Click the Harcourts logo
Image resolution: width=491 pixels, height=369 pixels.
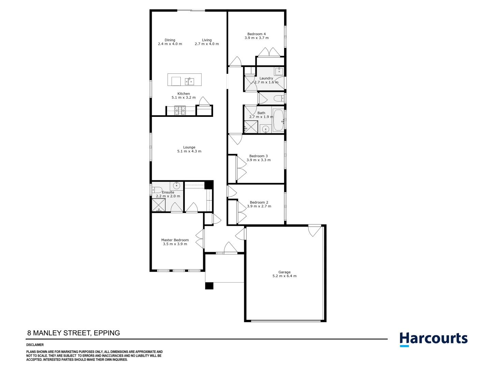pos(433,339)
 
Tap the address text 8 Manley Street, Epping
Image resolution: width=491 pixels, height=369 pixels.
pos(74,333)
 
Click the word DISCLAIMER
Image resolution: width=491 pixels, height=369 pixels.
pos(35,345)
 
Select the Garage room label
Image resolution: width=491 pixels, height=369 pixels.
pos(284,272)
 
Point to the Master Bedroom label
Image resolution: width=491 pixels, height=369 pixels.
pos(175,240)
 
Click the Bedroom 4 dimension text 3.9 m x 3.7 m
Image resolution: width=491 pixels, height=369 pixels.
pos(256,38)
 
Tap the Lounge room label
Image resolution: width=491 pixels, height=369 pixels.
pos(189,147)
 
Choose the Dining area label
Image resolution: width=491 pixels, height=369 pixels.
pos(170,40)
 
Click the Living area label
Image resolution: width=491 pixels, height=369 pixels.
pos(207,40)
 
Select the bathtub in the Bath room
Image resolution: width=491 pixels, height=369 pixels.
pos(278,120)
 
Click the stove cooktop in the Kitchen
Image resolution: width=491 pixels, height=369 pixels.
pos(180,110)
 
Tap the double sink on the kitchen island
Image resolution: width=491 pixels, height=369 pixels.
pos(190,81)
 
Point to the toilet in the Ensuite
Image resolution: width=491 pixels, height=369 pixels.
pos(157,190)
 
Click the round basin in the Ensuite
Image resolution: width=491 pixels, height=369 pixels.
pos(176,186)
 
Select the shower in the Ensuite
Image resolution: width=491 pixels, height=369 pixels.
pos(159,205)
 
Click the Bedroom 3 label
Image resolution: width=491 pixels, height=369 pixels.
pos(258,156)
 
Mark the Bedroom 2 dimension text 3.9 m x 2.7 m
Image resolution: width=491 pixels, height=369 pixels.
pos(259,206)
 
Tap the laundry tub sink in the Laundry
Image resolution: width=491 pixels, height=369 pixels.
pos(279,71)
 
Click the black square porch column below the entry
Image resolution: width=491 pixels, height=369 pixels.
pos(209,286)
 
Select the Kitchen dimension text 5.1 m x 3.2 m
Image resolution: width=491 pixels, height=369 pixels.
pos(183,98)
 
